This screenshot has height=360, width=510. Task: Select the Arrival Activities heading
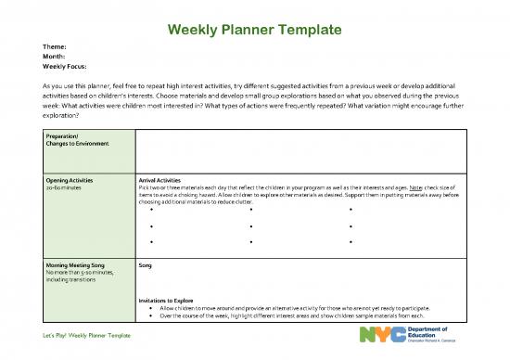tap(159, 180)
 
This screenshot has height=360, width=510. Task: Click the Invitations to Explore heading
tap(165, 301)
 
